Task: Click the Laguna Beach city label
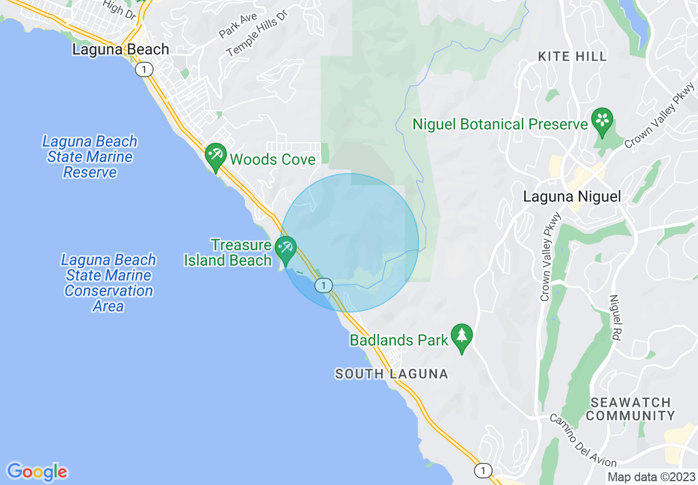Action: click(121, 50)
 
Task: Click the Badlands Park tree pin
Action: click(462, 337)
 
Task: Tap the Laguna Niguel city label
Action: click(572, 197)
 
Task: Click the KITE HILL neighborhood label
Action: click(572, 57)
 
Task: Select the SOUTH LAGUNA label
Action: click(392, 374)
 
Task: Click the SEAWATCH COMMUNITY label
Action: click(630, 409)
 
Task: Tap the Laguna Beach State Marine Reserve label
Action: click(90, 157)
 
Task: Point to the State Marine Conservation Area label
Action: click(108, 283)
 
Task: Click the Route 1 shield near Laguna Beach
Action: click(144, 69)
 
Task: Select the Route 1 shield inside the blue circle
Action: click(324, 285)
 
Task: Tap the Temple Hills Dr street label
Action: click(257, 40)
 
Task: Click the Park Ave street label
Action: click(238, 25)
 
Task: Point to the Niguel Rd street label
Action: click(615, 317)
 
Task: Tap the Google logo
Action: click(37, 472)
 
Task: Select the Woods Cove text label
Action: click(272, 160)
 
